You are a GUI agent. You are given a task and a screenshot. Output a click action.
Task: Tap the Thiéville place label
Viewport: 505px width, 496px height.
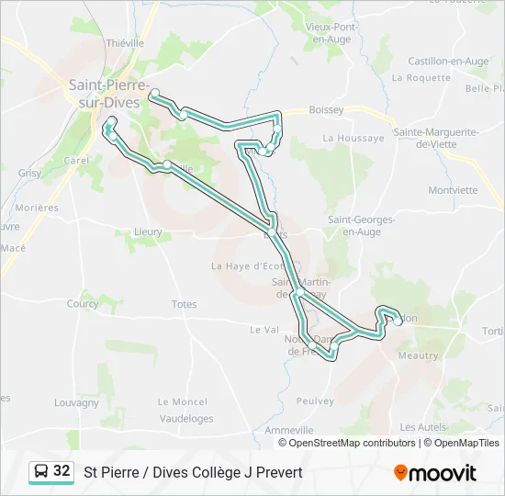(126, 42)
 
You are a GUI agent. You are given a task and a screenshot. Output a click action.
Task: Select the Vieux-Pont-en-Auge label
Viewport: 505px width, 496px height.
(331, 33)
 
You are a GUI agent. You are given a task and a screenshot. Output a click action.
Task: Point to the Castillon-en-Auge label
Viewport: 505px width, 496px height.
(448, 61)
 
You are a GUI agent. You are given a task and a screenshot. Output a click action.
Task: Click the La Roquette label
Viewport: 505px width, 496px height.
(421, 78)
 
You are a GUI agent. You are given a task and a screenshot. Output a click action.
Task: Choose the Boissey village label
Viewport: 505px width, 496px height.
(326, 110)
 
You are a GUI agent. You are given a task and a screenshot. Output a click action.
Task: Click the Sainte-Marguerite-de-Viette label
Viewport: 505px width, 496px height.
(436, 138)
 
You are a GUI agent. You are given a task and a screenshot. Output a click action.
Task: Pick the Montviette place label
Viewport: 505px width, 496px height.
(453, 191)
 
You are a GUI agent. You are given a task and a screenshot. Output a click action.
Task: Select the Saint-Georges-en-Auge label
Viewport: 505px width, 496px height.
(362, 225)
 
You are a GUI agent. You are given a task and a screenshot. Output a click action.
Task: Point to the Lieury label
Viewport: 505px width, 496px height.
(148, 232)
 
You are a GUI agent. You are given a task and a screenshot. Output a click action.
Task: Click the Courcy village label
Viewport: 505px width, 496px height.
(83, 304)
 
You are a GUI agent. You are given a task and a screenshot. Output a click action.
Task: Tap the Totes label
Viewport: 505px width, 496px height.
(184, 304)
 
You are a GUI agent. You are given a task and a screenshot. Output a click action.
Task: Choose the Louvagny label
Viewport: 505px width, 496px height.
(76, 402)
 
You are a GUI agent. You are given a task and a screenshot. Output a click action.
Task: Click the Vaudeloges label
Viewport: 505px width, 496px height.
(185, 419)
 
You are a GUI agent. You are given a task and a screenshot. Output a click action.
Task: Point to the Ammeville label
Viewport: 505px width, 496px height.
(289, 430)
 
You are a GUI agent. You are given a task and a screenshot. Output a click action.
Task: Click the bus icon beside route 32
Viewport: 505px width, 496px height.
(41, 472)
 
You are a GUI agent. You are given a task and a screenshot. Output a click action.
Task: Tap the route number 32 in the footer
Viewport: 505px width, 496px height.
(62, 471)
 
